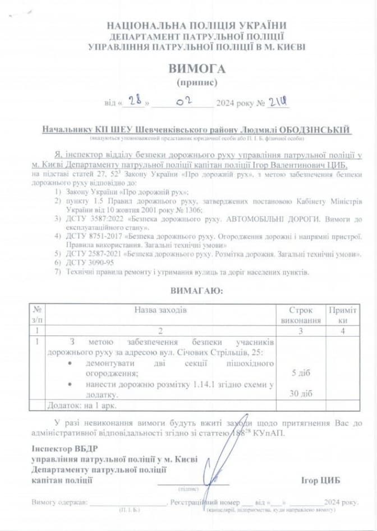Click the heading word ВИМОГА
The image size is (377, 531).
click(196, 69)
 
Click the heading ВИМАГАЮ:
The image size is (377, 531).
click(196, 291)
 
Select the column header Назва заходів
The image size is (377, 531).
click(160, 310)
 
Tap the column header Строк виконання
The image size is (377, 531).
click(301, 315)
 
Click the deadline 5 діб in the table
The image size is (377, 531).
click(301, 372)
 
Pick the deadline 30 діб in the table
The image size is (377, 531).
click(301, 394)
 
